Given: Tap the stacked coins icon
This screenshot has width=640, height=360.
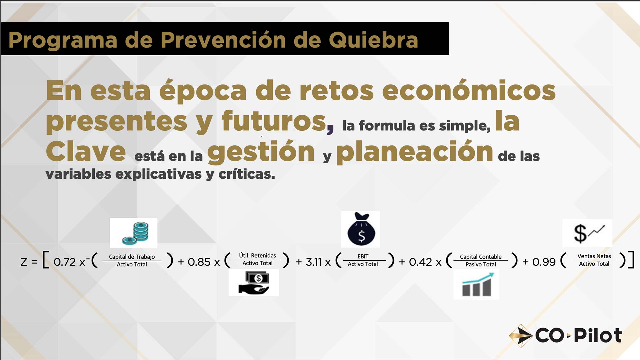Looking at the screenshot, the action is tap(134, 233).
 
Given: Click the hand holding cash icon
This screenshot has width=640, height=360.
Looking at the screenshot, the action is tap(254, 283).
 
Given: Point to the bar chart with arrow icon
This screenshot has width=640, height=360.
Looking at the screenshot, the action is tap(476, 284).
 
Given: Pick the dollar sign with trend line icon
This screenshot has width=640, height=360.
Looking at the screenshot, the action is tap(587, 233).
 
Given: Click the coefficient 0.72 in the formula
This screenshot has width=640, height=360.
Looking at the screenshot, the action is tap(65, 262).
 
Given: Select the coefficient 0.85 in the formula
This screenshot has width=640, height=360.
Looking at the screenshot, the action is tap(199, 262).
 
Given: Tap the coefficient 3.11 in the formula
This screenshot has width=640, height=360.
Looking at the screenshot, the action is tap(314, 262).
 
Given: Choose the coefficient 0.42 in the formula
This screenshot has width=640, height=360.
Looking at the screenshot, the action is tap(420, 262).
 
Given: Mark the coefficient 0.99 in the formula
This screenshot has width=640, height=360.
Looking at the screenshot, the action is tap(544, 262).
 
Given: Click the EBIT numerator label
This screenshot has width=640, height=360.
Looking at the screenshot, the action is tap(363, 256).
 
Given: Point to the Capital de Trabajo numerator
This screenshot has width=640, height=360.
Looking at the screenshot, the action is tap(132, 257).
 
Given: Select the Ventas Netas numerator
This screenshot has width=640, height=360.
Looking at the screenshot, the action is tap(594, 256).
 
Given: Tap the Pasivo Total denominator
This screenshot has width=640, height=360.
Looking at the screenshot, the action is tap(481, 264).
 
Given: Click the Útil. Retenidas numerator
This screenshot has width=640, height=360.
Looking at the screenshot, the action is tap(258, 255).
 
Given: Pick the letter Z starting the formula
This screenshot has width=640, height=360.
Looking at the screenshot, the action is tap(24, 262).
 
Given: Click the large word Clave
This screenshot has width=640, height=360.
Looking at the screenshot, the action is tap(86, 151).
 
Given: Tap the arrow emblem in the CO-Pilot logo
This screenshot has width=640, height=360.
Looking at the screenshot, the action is tap(521, 335).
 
